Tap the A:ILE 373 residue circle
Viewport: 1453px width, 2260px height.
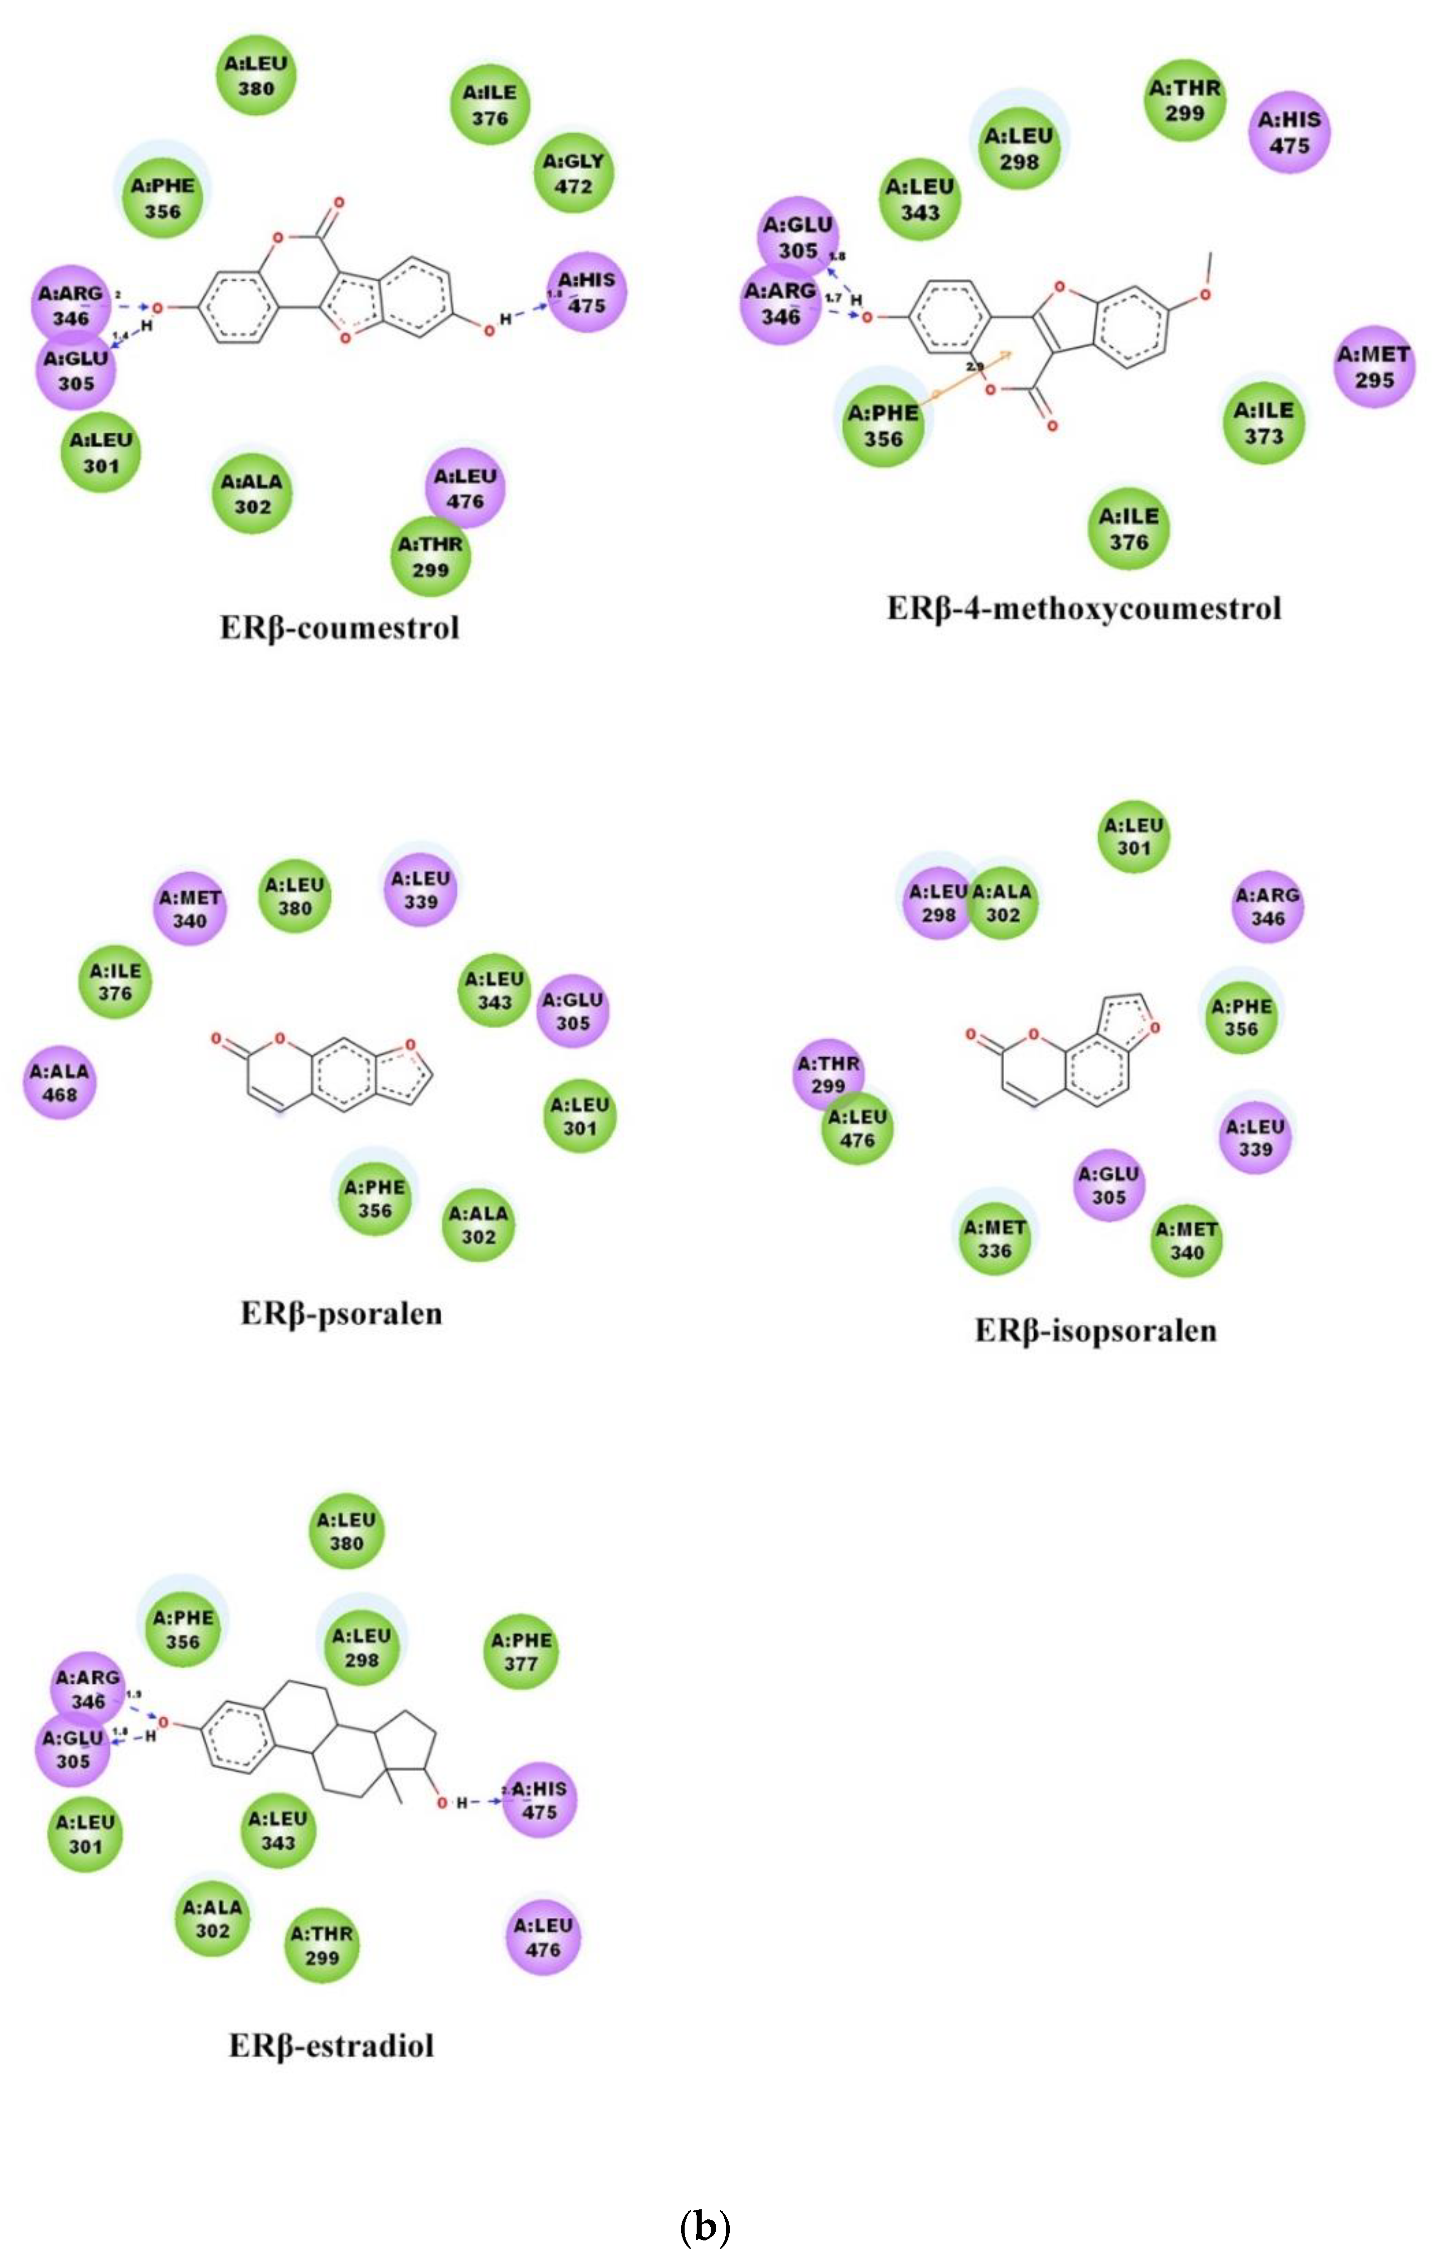[1264, 423]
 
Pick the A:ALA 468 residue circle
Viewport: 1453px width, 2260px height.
[60, 1083]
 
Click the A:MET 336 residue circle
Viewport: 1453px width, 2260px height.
[995, 1238]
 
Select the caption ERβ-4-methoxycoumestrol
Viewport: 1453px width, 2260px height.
[1084, 608]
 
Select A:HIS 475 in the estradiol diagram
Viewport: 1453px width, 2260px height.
[539, 1800]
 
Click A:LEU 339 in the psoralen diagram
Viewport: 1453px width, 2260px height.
[421, 889]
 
